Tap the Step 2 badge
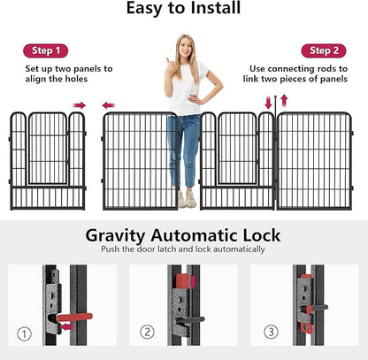click(x=323, y=50)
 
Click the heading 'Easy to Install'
click(x=183, y=10)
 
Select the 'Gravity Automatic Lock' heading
click(x=183, y=235)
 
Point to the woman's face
click(x=187, y=48)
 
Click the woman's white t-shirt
click(x=187, y=88)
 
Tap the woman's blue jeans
click(x=184, y=146)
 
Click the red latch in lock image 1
click(x=75, y=316)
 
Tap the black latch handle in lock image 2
click(x=191, y=319)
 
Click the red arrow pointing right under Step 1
click(x=80, y=105)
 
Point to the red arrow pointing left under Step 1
click(x=108, y=105)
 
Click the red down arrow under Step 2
click(x=269, y=103)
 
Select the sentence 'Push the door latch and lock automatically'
click(x=183, y=251)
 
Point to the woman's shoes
click(x=186, y=202)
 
